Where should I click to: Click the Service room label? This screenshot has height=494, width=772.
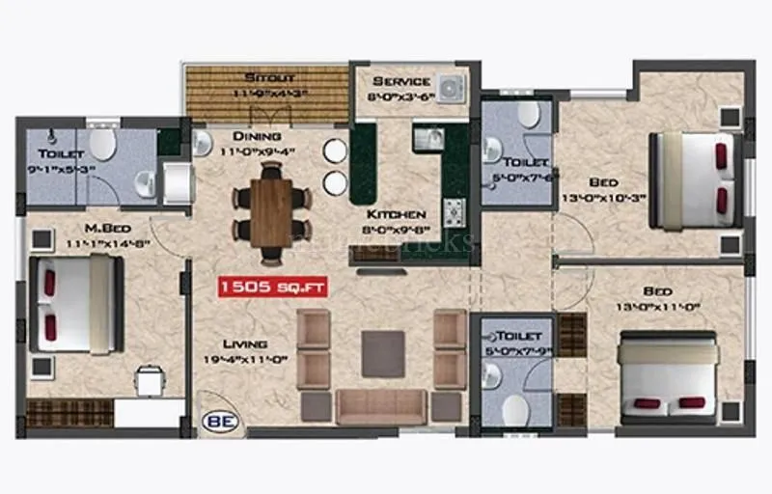coord(400,80)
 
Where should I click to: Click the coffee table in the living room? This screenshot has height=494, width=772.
coord(383,354)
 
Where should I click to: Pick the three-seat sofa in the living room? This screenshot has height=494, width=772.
coord(382,405)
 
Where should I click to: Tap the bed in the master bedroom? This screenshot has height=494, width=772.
coord(77,304)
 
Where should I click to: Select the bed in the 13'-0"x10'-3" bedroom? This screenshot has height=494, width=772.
coord(697,179)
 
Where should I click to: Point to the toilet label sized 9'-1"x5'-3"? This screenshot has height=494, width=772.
coord(60,154)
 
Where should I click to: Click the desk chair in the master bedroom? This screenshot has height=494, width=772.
coord(151,382)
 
